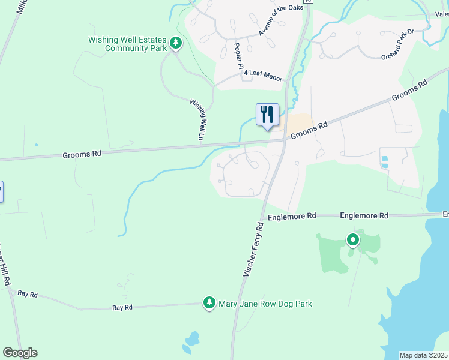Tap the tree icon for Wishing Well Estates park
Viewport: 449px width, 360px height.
176,43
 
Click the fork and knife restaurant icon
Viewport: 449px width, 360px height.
268,114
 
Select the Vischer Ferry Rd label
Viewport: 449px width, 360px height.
253,250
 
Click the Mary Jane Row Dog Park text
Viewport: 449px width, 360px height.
265,304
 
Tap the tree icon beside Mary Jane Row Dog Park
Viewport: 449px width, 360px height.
209,303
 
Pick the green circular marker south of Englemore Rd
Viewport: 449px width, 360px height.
353,241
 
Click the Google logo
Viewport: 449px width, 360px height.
20,353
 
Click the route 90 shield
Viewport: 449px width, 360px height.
308,1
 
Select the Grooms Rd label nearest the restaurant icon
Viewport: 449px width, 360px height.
310,128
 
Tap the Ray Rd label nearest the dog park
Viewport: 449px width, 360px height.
122,307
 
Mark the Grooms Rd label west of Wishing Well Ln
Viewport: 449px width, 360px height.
82,154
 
